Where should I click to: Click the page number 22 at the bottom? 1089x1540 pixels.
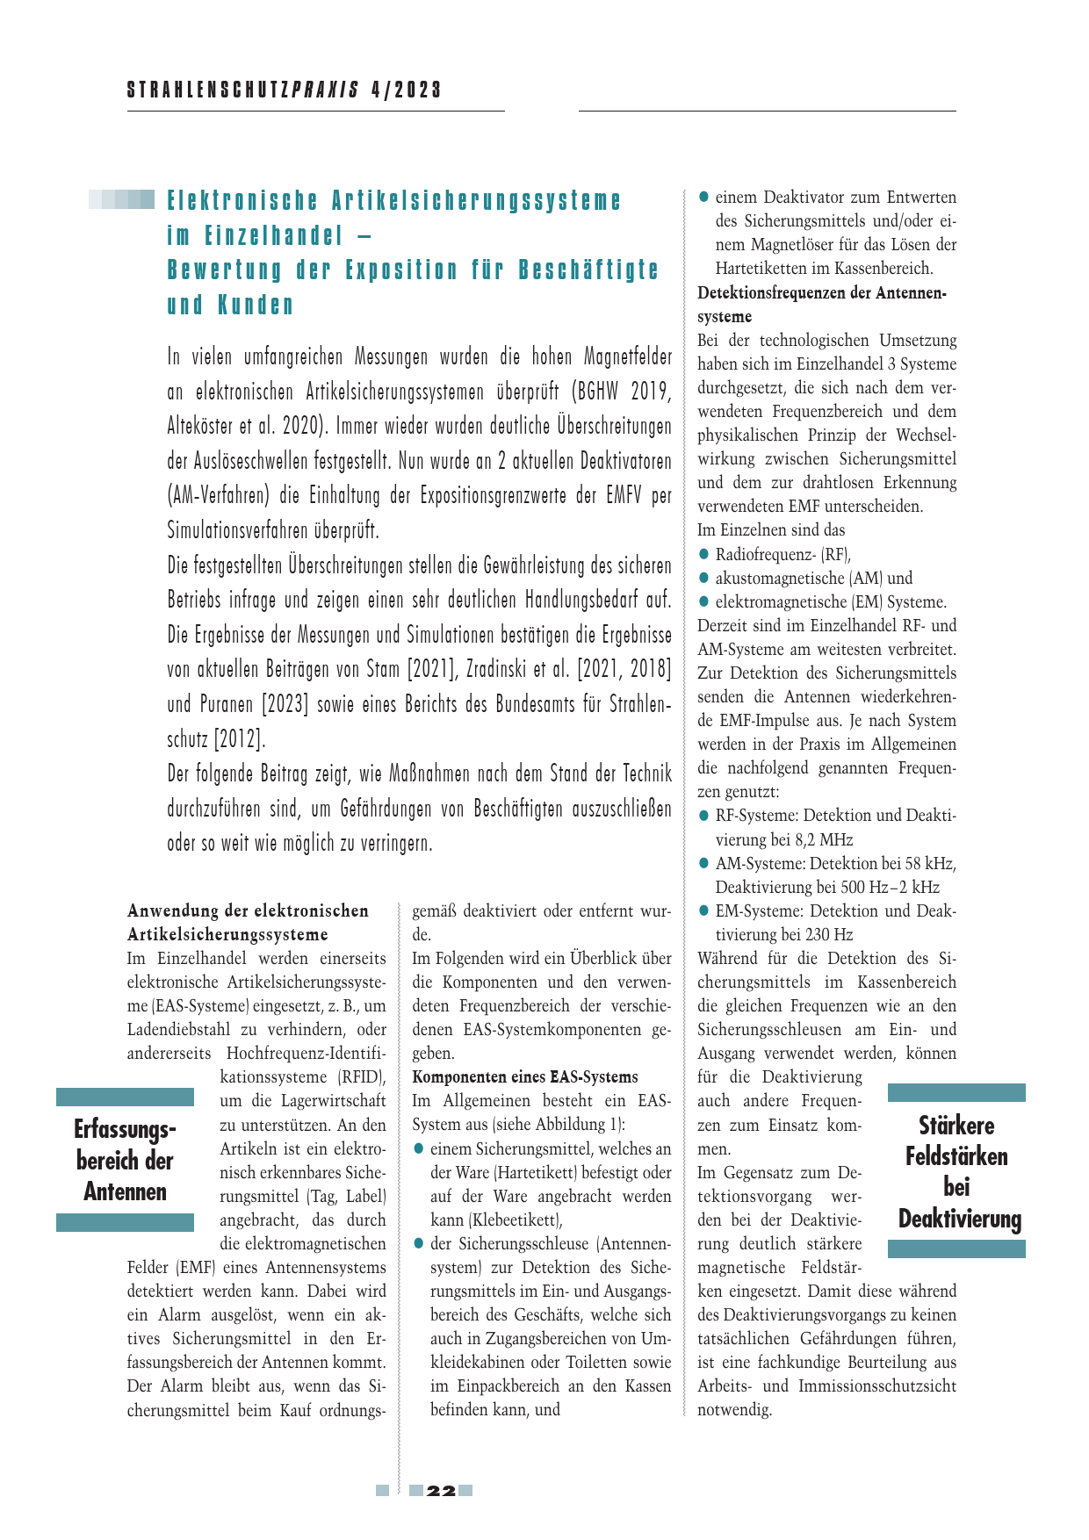pos(441,1491)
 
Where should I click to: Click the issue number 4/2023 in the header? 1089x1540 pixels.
pos(406,90)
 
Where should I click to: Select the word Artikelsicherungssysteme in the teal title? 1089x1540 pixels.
pos(476,201)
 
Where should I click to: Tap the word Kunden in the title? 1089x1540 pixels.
pos(256,306)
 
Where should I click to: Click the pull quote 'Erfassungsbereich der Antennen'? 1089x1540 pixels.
pos(125,1160)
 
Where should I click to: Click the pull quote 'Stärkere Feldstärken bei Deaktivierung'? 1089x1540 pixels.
pos(956,1171)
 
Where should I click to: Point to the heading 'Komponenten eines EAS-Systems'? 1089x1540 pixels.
pos(525,1077)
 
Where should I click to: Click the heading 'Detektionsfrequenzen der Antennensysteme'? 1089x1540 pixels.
pos(821,305)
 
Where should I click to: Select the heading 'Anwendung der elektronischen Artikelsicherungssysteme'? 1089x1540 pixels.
pos(248,923)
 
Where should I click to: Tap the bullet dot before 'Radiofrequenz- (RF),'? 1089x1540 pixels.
pos(703,554)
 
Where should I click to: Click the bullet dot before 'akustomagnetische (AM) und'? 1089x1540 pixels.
pos(703,578)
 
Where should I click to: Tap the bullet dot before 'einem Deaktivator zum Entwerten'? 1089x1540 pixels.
pos(703,198)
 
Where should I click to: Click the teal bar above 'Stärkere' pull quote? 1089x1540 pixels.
pos(956,1092)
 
